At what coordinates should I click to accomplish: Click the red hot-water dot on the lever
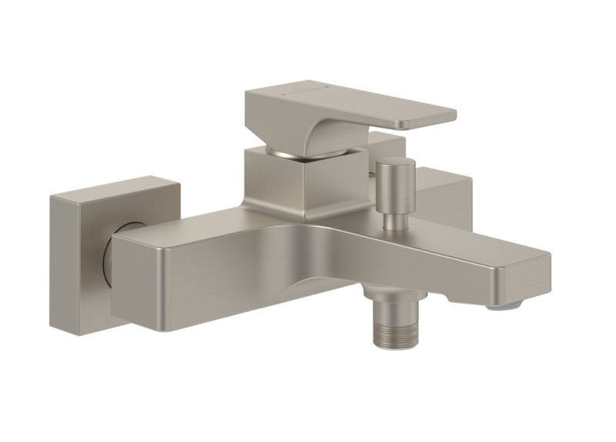point(284,95)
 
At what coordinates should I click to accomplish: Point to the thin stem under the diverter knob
point(394,220)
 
